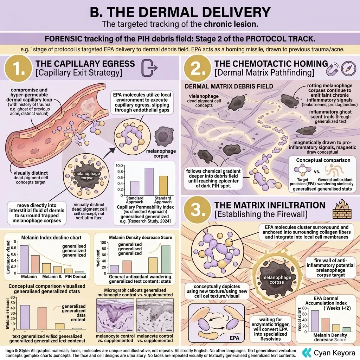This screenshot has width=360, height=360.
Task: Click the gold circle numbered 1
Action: [18, 69]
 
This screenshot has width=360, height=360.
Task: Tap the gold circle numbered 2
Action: [199, 69]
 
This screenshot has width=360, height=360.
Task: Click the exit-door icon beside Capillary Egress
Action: [147, 68]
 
